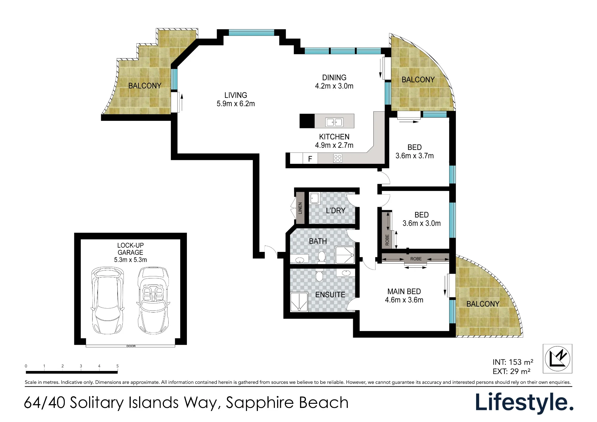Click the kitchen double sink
pyautogui.click(x=334, y=122)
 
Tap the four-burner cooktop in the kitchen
pyautogui.click(x=338, y=158)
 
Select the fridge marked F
pyautogui.click(x=310, y=159)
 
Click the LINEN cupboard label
pyautogui.click(x=300, y=208)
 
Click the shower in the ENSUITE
pyautogui.click(x=299, y=302)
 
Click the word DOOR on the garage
pyautogui.click(x=131, y=346)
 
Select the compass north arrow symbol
pyautogui.click(x=557, y=359)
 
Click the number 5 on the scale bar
pyautogui.click(x=117, y=366)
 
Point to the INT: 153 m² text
pyautogui.click(x=513, y=362)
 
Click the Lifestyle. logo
pyautogui.click(x=524, y=403)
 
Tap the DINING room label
pyautogui.click(x=334, y=78)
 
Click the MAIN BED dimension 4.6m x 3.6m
pyautogui.click(x=404, y=300)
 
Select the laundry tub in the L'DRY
pyautogui.click(x=314, y=198)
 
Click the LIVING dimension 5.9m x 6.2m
pyautogui.click(x=236, y=104)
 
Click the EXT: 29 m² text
pyautogui.click(x=511, y=372)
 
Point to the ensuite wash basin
pyautogui.click(x=346, y=273)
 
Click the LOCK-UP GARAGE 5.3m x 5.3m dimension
pyautogui.click(x=130, y=260)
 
